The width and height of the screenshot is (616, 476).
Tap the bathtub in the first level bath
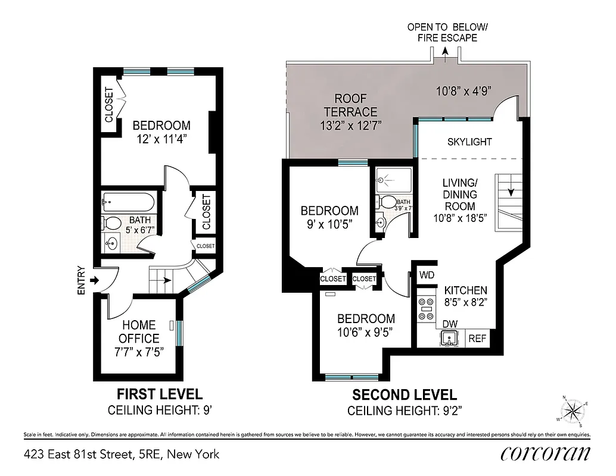coord(129,203)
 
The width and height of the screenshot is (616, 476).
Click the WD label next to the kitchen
coord(427,275)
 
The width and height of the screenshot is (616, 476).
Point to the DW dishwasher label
coord(449,323)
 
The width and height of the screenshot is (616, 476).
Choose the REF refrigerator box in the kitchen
coord(478,339)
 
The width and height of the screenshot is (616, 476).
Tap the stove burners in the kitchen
coord(426,309)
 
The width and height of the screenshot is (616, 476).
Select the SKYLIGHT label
coord(469,142)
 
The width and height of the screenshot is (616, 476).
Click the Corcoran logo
coord(545,453)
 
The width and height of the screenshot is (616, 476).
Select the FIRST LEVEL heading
coord(159,394)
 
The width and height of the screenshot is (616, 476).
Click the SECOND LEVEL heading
coord(405,394)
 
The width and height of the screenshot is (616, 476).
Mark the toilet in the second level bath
coord(387,202)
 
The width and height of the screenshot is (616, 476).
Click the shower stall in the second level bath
coord(392,179)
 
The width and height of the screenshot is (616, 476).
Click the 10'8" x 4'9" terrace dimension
coord(463,92)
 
